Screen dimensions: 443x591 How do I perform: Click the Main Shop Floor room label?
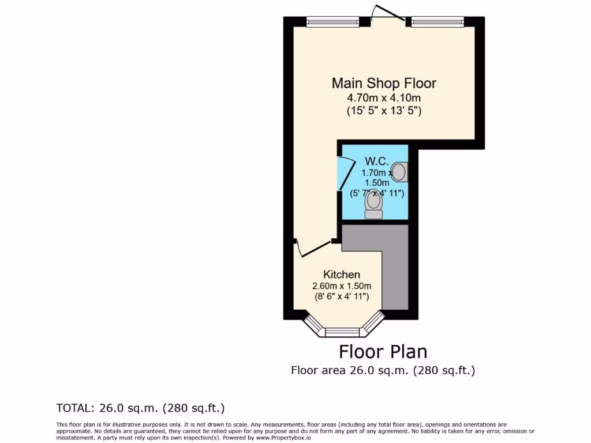click(384, 83)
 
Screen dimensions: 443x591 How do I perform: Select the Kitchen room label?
click(342, 275)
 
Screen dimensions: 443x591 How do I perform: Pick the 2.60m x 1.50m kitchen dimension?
click(342, 286)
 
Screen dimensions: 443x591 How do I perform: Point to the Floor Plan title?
click(383, 351)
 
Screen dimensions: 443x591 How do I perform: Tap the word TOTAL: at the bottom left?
click(73, 408)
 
